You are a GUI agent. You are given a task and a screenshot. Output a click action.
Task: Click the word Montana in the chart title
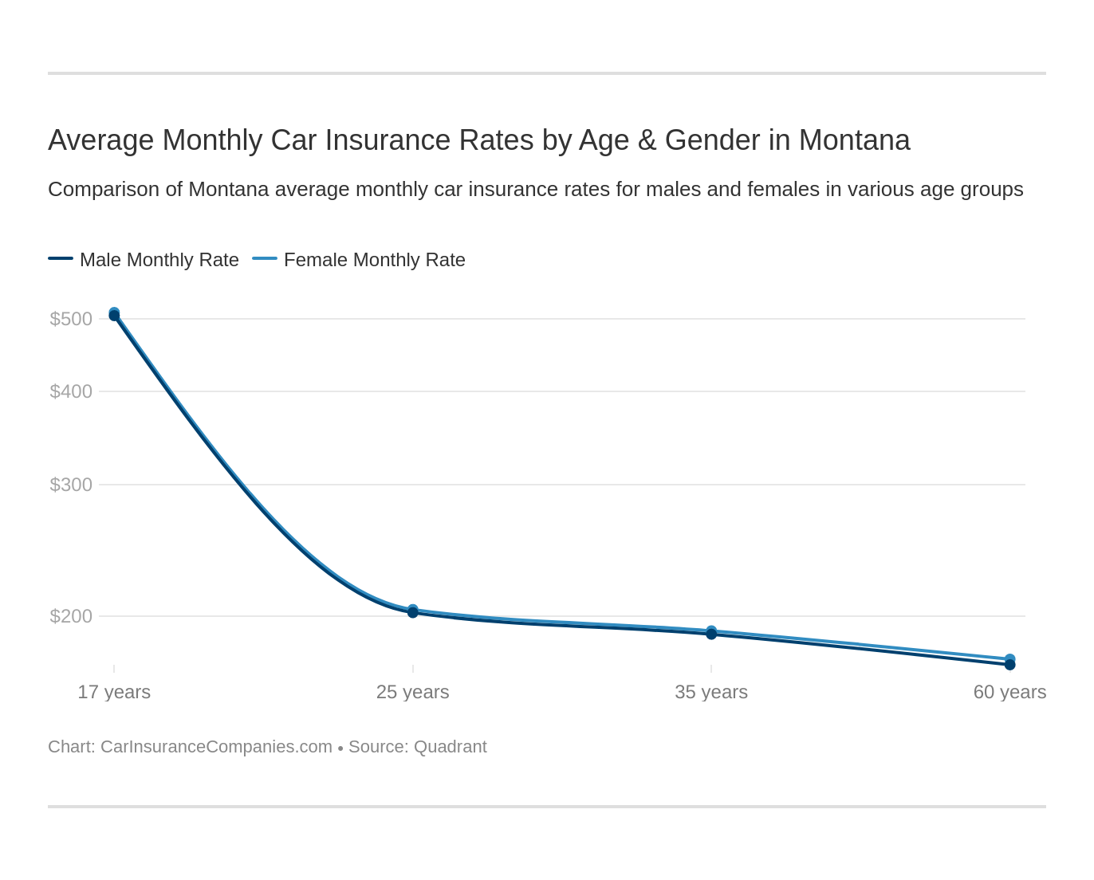coord(854,140)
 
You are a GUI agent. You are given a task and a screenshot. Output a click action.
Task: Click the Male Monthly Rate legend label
coord(159,260)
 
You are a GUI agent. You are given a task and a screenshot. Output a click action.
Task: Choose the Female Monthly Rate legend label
coord(374,260)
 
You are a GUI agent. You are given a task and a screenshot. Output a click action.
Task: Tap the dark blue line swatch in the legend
coord(61,258)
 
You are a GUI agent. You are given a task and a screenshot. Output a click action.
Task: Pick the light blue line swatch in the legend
coord(265,258)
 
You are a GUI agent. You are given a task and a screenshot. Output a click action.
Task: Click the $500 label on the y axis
coord(71,319)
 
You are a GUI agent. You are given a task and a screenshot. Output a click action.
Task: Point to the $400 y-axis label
coord(71,391)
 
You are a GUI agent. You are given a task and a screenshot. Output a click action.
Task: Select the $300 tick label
coord(71,485)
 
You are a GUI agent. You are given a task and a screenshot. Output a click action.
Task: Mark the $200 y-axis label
coord(71,616)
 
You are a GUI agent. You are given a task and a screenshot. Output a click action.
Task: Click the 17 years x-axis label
coord(114,692)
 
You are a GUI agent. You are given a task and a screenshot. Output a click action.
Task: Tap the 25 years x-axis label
coord(412,692)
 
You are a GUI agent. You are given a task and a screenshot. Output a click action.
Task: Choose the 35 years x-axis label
coord(711,692)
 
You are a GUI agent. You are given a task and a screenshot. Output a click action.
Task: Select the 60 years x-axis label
coord(1009,692)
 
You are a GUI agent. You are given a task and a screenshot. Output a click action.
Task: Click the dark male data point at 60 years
coord(1010,666)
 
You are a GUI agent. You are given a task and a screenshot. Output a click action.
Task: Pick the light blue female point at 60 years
coord(1010,658)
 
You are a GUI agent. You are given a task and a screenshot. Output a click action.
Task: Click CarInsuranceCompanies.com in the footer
coord(216,747)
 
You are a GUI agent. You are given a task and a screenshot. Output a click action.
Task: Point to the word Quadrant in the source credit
coord(450,747)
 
